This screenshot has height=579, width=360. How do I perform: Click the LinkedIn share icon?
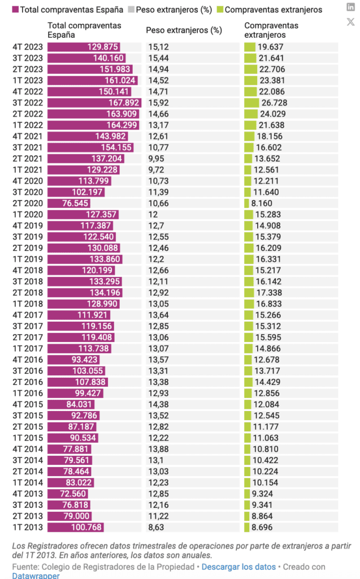(x=350, y=7)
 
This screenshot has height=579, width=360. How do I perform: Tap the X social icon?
(x=350, y=22)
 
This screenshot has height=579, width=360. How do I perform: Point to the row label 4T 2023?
(x=27, y=47)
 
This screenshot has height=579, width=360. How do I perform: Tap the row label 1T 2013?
(x=27, y=527)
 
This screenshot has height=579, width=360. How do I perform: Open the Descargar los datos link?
(x=238, y=567)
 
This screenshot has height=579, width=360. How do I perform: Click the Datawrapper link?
(x=35, y=576)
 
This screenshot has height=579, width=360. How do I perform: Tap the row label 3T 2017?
(x=27, y=326)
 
